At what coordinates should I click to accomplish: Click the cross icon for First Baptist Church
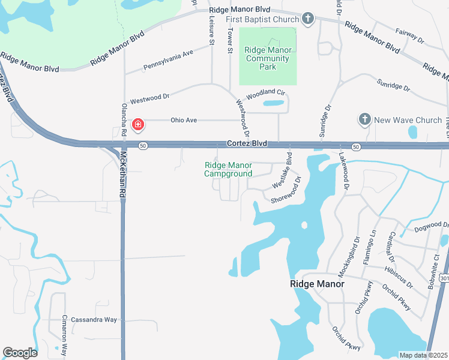click(308, 19)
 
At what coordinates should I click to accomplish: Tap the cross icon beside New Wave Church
click(364, 119)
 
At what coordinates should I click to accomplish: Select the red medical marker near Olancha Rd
click(137, 125)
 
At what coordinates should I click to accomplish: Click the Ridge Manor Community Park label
click(268, 58)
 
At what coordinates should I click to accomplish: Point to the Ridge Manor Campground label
click(228, 169)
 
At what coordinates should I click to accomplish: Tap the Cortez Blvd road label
click(246, 144)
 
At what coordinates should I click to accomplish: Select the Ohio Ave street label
click(184, 120)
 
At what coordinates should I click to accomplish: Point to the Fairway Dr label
click(411, 36)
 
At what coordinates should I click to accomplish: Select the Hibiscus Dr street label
click(400, 273)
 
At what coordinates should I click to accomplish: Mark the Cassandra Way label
click(94, 320)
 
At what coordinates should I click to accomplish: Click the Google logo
click(20, 353)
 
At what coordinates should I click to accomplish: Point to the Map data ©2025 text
click(423, 355)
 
